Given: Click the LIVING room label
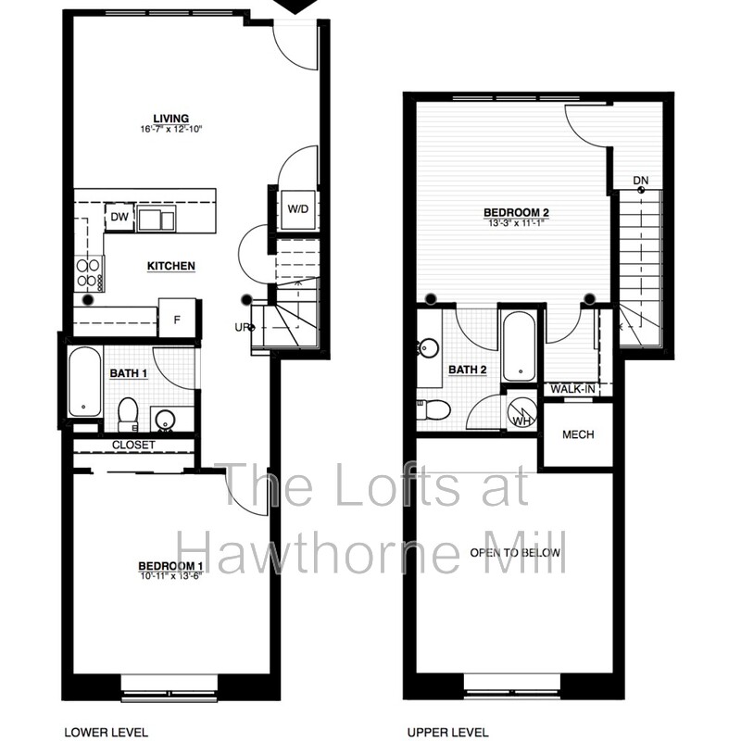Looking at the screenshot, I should [x=172, y=119].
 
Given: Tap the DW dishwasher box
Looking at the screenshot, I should [x=119, y=218].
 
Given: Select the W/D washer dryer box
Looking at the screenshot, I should [x=297, y=209].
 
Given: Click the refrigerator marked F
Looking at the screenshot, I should [x=177, y=319].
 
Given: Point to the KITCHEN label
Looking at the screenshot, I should [x=171, y=267].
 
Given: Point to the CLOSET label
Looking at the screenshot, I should [x=133, y=446].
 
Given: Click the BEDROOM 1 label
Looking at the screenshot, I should [x=170, y=566].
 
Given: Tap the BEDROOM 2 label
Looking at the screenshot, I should [x=511, y=212].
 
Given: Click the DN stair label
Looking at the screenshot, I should [x=640, y=180].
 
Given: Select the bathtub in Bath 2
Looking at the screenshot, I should [x=519, y=346].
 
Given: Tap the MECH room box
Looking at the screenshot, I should [x=578, y=434].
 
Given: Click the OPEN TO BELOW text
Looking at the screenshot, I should [x=515, y=552].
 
